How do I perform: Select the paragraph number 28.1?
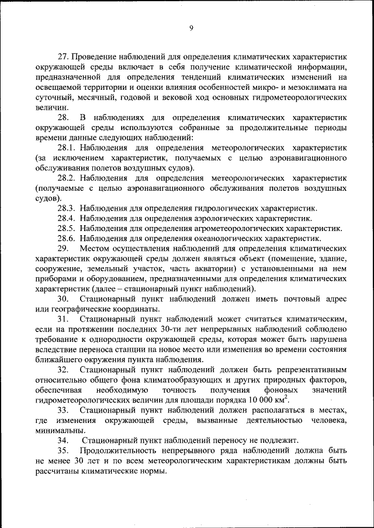pyautogui.click(x=67, y=149)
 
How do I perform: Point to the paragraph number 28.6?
pyautogui.click(x=67, y=238)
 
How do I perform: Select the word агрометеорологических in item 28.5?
pyautogui.click(x=236, y=228)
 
